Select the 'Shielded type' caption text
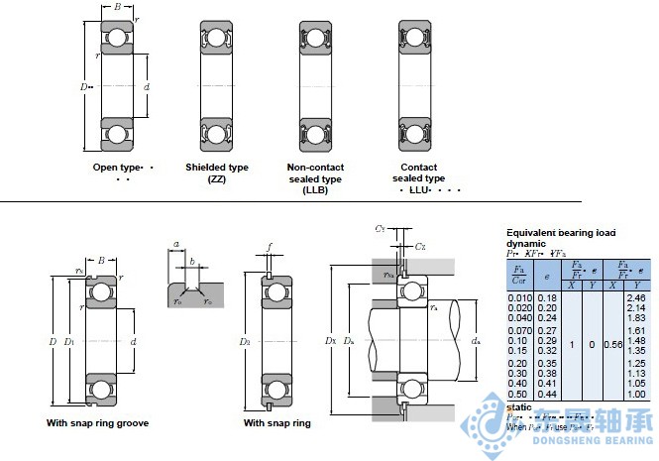(217, 168)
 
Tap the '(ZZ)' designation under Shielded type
(217, 178)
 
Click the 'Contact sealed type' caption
(418, 173)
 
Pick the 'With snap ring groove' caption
(98, 423)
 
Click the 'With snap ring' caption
(277, 423)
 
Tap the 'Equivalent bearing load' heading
(561, 232)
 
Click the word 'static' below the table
(519, 406)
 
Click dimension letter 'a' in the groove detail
(176, 244)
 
